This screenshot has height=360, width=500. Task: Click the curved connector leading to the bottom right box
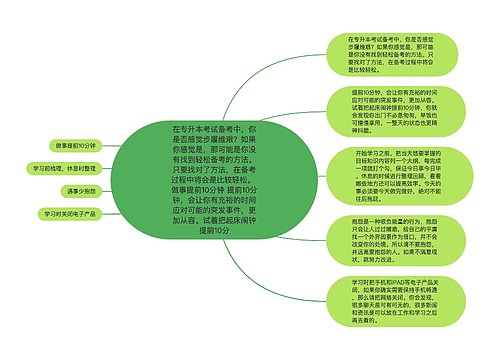point(290,280)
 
